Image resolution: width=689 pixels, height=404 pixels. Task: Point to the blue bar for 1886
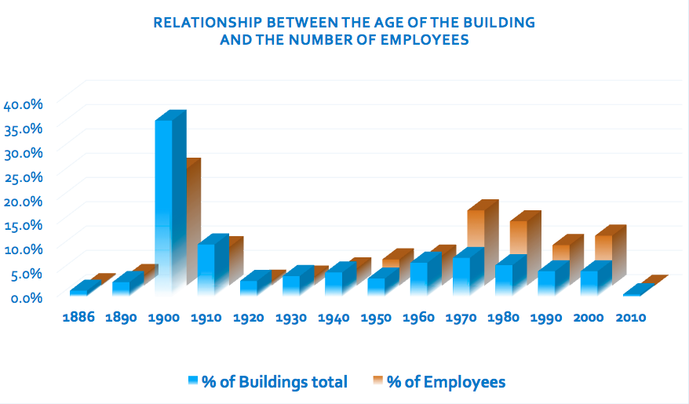pyautogui.click(x=78, y=292)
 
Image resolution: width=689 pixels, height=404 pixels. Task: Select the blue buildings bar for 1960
pyautogui.click(x=419, y=278)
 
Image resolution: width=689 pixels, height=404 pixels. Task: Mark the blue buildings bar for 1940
pyautogui.click(x=334, y=282)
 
